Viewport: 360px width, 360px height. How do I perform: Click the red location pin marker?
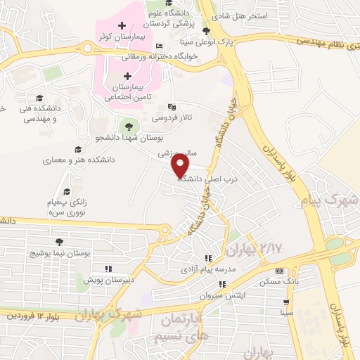[181, 166]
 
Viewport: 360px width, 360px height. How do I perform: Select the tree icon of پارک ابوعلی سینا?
[205, 31]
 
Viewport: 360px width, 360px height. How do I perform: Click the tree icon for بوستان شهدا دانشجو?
[127, 127]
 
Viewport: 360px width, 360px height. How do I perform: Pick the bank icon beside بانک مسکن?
[279, 271]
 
